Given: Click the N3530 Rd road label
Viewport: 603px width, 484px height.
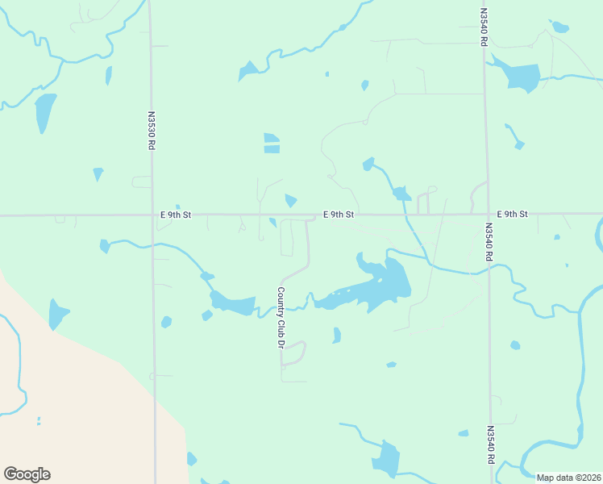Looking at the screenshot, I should click(x=151, y=131).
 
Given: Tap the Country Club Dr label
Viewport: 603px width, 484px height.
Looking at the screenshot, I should click(x=281, y=317).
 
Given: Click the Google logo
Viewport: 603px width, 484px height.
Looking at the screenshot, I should click(x=27, y=474).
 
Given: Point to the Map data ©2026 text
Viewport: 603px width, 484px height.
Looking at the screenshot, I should click(x=568, y=478).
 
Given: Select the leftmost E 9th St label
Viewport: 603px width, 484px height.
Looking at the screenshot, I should click(x=176, y=215).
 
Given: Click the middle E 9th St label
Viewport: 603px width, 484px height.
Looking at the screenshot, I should click(x=339, y=215).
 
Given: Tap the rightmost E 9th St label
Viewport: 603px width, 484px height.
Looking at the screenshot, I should click(x=512, y=214).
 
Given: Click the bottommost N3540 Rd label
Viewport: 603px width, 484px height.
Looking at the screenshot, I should click(x=490, y=445).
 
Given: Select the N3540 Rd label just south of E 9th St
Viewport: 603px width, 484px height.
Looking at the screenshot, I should click(x=488, y=242).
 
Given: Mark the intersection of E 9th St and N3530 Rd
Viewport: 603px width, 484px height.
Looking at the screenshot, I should click(x=152, y=215).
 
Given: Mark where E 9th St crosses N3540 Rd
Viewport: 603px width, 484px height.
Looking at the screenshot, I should click(x=485, y=214).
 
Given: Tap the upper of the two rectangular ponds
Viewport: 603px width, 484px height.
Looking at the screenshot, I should click(x=272, y=137).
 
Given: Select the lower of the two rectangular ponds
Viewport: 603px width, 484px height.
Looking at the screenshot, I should click(x=272, y=148).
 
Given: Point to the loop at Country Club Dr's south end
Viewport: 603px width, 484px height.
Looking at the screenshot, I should click(x=293, y=353).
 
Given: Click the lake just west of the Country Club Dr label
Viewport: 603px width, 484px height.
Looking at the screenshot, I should click(x=233, y=304).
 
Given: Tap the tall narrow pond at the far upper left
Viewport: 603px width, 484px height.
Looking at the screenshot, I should click(x=44, y=112).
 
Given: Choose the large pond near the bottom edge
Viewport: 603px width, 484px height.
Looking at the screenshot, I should click(x=386, y=459).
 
